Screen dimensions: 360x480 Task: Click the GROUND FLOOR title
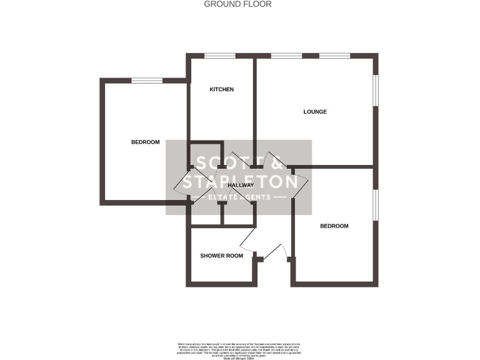coord(238,4)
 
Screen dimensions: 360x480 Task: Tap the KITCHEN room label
coord(221,89)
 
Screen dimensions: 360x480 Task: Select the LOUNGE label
coord(315,112)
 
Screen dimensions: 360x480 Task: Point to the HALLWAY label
coord(240,186)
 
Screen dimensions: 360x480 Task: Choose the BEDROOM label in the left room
coord(145,142)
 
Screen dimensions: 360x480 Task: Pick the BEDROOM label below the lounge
coord(334,226)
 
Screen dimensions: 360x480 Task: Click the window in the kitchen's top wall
coord(220,56)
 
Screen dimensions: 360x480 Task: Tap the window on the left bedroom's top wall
coord(147,79)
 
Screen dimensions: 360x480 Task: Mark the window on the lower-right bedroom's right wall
coord(376,204)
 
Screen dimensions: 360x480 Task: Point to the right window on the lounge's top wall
coord(334,56)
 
